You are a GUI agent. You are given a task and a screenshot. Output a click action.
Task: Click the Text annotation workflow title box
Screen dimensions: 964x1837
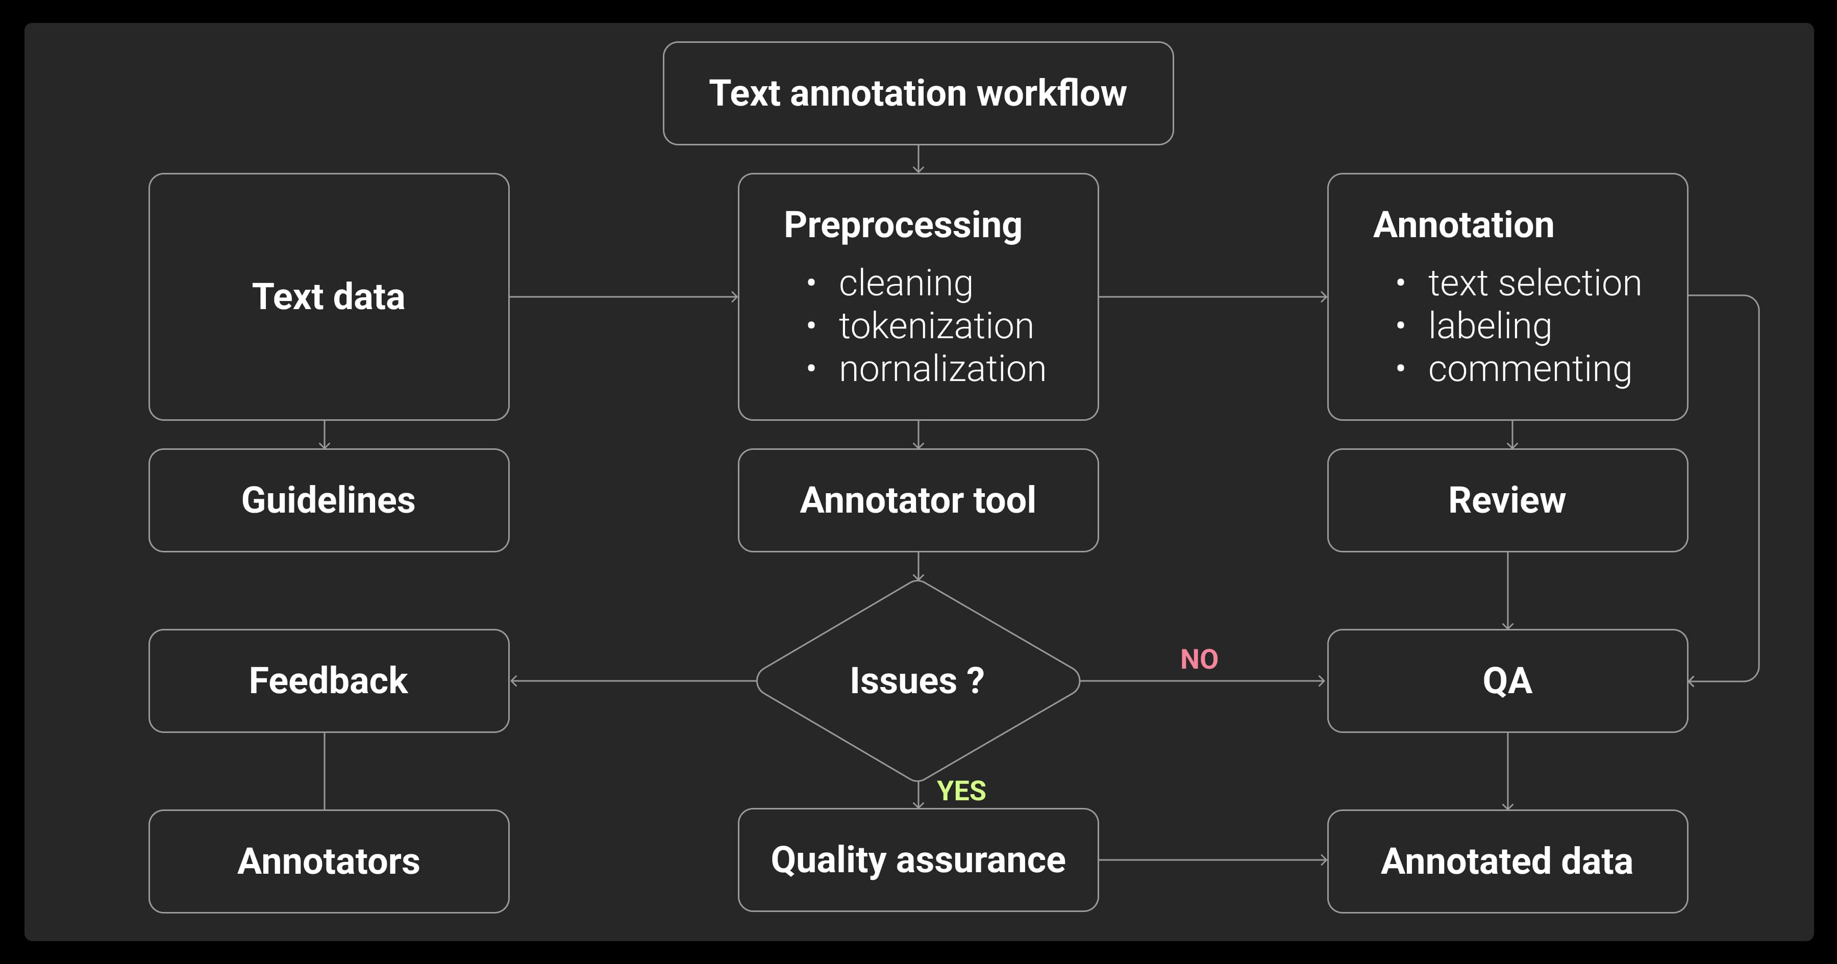(x=918, y=93)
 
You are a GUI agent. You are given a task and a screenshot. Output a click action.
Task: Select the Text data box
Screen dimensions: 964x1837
(x=329, y=297)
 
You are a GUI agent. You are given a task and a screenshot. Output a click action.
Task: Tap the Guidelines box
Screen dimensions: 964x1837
(x=329, y=500)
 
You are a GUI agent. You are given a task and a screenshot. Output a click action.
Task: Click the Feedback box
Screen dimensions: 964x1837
(x=329, y=680)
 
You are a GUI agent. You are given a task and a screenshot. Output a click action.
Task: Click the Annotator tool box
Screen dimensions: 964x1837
(x=918, y=500)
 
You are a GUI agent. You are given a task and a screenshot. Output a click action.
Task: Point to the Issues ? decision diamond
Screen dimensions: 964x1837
(x=918, y=680)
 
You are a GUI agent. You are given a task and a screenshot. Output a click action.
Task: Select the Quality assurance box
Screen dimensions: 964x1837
(x=918, y=859)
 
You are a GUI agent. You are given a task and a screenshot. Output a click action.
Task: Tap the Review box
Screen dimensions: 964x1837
(x=1507, y=500)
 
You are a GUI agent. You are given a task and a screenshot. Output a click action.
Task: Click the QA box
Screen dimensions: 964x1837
(x=1507, y=680)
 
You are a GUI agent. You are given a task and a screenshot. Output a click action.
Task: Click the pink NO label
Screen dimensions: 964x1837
(x=1199, y=659)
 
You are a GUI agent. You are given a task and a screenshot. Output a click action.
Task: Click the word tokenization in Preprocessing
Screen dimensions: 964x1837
(x=936, y=326)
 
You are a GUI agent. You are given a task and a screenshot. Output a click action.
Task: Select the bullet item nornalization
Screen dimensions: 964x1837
(x=941, y=369)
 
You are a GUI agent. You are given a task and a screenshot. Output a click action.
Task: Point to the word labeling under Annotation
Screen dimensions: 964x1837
(x=1490, y=326)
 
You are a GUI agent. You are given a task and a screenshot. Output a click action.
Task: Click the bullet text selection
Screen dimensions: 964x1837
(x=1534, y=283)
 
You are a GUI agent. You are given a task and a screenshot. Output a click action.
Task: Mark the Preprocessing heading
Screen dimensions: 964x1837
(x=903, y=224)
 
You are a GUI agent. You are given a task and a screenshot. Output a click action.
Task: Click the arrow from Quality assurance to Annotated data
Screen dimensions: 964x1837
(x=1212, y=860)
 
